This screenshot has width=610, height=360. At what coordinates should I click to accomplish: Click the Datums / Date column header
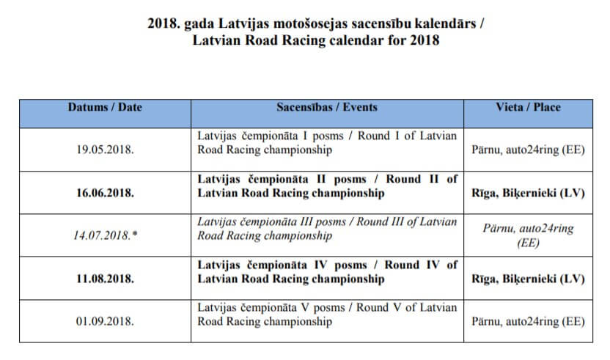coord(105,107)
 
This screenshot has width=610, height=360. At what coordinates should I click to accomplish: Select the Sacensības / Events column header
coord(327,107)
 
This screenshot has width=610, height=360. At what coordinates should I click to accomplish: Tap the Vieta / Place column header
coord(528,107)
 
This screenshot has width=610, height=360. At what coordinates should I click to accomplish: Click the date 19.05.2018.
coord(105,150)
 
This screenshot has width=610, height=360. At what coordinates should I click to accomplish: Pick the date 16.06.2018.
coord(105,193)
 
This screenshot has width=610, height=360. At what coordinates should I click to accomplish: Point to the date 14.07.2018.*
coord(105,236)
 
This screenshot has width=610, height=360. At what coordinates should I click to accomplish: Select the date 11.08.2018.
coord(105,279)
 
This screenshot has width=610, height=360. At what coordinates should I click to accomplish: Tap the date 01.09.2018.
coord(105,321)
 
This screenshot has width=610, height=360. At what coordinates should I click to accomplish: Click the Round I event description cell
coord(327,144)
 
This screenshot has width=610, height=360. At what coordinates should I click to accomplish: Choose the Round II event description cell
coord(327,186)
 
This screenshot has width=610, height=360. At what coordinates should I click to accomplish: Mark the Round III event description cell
coord(327,229)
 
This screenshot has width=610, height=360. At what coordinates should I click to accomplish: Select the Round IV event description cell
coord(327,272)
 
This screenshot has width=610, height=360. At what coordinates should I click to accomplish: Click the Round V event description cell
coord(327,315)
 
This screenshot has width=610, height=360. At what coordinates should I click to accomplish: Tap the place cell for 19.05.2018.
coord(528,150)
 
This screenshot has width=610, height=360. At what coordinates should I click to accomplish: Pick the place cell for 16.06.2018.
coord(528,193)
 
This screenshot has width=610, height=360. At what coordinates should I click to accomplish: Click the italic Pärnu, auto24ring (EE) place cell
coord(528,235)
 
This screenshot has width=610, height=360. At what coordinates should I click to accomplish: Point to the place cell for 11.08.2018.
coord(528,279)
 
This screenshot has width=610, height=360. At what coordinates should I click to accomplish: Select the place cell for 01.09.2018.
coord(528,321)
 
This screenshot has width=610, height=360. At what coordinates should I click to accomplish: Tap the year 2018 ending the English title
coord(425,40)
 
